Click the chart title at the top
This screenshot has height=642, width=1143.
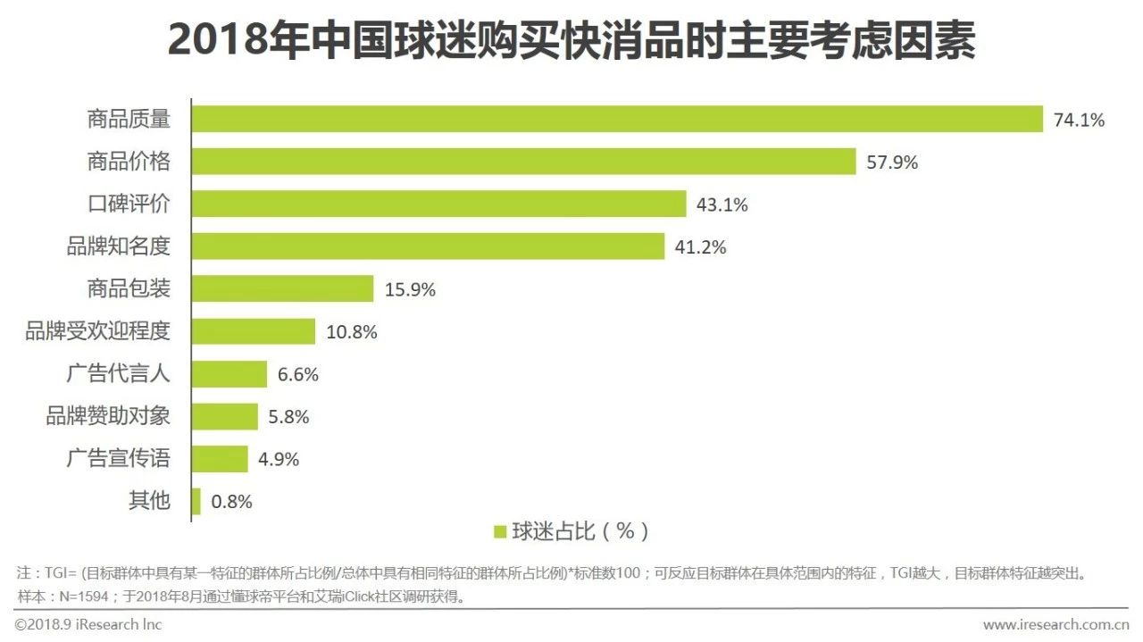pyautogui.click(x=571, y=40)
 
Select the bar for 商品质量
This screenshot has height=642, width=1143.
pyautogui.click(x=617, y=119)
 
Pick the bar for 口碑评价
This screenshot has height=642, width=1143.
pyautogui.click(x=438, y=204)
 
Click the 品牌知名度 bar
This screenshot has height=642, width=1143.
pyautogui.click(x=428, y=246)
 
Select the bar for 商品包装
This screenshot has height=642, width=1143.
pyautogui.click(x=282, y=288)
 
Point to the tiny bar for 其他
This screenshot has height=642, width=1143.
pyautogui.click(x=196, y=501)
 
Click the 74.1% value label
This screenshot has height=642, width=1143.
pyautogui.click(x=1079, y=120)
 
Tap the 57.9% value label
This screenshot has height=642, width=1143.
pyautogui.click(x=892, y=163)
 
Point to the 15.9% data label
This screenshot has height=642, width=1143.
pyautogui.click(x=410, y=289)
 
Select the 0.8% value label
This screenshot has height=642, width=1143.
pyautogui.click(x=231, y=502)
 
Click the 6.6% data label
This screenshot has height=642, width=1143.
pyautogui.click(x=297, y=375)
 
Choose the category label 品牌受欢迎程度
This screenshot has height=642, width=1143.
pyautogui.click(x=97, y=331)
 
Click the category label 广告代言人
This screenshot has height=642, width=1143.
pyautogui.click(x=118, y=374)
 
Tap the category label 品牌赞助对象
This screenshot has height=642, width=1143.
pyautogui.click(x=108, y=416)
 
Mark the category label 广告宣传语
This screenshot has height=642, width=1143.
pyautogui.click(x=118, y=459)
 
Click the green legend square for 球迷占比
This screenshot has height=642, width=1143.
pyautogui.click(x=500, y=532)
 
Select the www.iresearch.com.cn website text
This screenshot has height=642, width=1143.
pyautogui.click(x=1055, y=623)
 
